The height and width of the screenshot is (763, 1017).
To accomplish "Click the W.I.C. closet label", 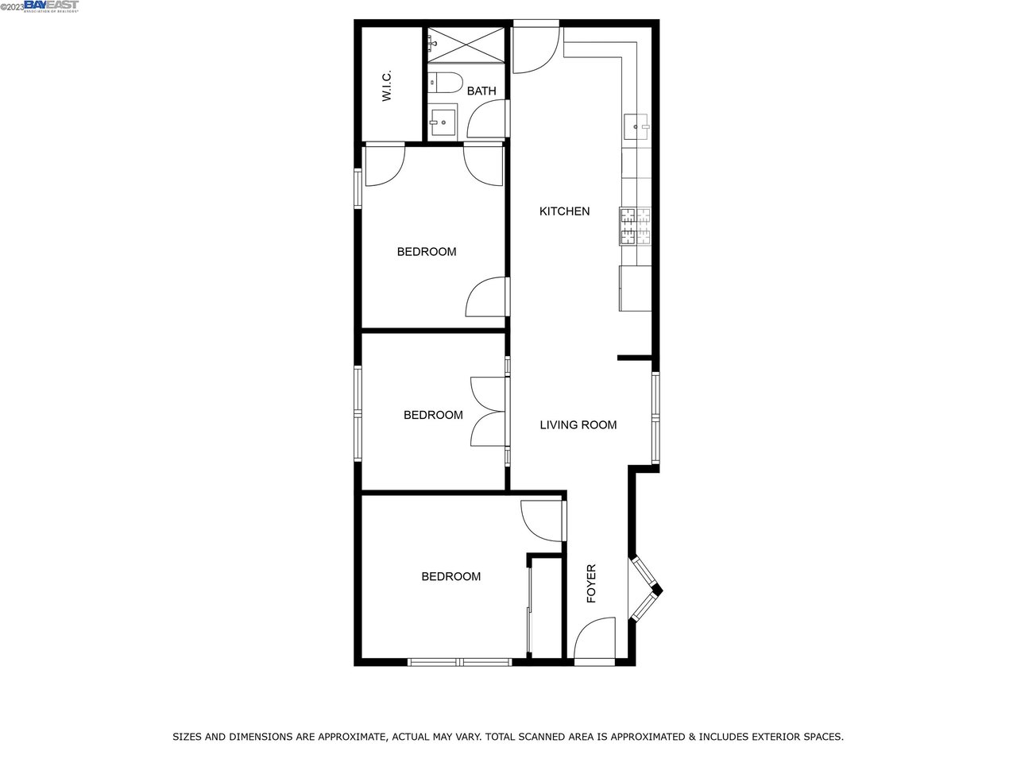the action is click(387, 86).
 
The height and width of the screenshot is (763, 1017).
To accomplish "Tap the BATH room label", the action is click(481, 91).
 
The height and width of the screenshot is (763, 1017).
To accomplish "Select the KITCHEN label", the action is click(564, 211).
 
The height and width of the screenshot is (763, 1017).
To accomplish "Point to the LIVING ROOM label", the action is click(578, 424).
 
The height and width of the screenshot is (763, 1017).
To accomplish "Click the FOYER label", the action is click(591, 583).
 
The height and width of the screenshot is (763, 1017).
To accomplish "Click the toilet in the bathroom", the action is click(445, 83).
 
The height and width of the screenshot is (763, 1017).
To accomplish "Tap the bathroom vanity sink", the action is click(443, 122).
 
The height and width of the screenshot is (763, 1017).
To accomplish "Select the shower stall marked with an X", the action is click(466, 45).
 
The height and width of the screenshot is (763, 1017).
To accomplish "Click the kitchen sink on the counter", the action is click(636, 126).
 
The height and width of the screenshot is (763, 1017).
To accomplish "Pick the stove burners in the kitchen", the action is click(635, 226).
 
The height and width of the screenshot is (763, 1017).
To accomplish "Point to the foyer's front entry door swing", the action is click(595, 638).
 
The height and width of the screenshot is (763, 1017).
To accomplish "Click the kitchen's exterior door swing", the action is click(536, 50).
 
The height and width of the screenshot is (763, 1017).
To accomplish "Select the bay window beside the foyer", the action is click(645, 589).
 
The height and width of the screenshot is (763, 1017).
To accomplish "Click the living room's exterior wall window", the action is click(655, 418).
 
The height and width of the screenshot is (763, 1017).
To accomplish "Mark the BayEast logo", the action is click(52, 6).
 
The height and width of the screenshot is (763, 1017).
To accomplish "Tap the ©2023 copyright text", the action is click(12, 7).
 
